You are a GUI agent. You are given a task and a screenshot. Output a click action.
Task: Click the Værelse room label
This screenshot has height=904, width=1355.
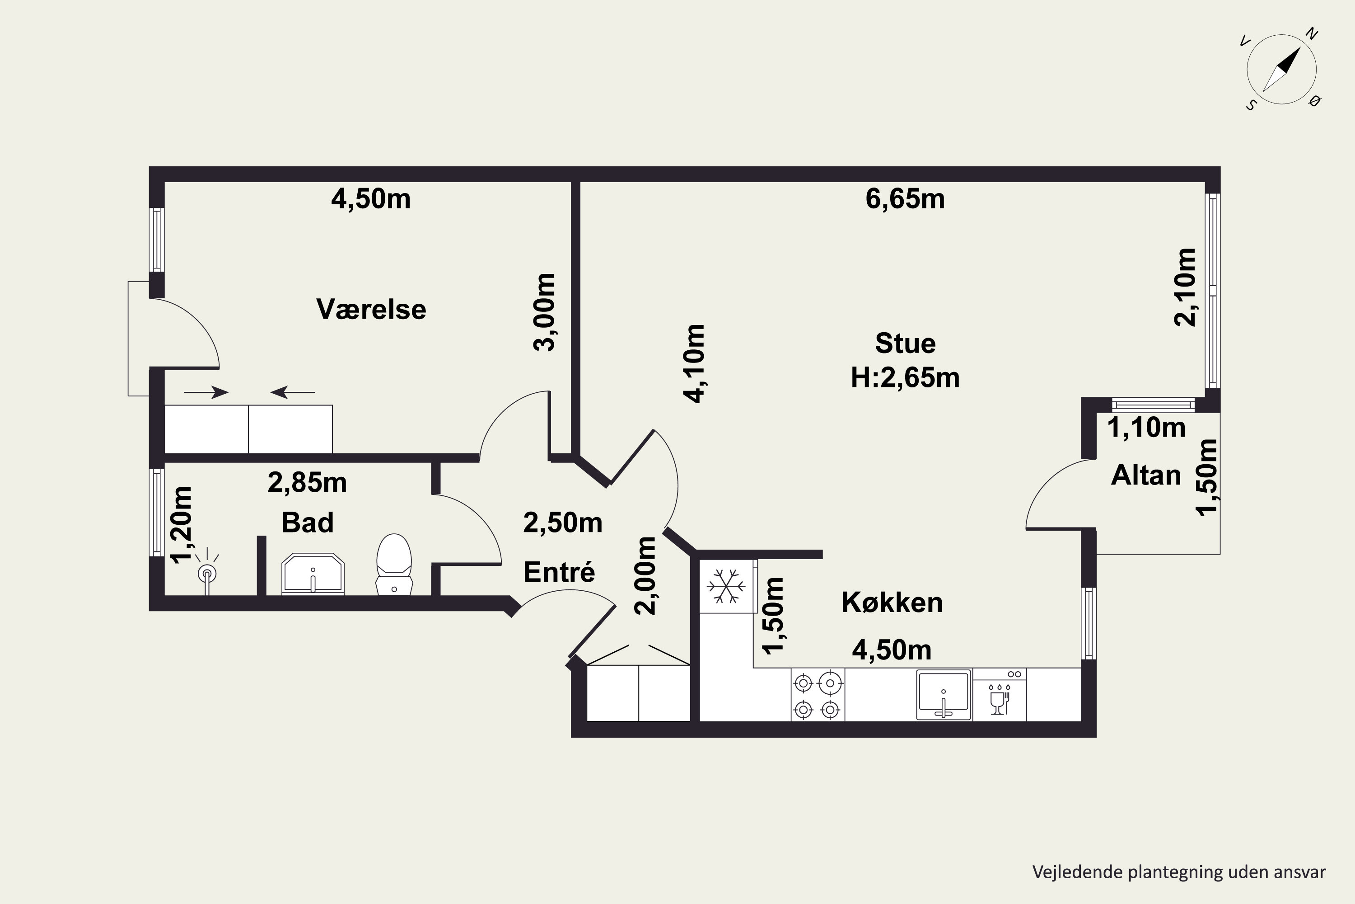(x=372, y=310)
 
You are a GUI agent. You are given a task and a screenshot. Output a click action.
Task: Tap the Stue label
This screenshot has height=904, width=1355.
(x=905, y=344)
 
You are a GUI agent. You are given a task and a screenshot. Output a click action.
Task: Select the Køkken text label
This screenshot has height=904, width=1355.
(x=892, y=603)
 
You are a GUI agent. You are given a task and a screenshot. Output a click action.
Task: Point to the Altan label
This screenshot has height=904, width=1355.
(x=1146, y=476)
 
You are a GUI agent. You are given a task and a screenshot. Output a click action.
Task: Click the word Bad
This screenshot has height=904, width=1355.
(x=307, y=523)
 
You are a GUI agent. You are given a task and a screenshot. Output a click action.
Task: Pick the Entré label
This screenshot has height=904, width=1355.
(x=559, y=572)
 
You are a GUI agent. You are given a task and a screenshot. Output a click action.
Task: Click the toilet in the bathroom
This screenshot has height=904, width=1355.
(x=394, y=565)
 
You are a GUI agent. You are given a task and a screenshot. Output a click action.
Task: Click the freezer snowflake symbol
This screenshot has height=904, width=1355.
(x=726, y=586)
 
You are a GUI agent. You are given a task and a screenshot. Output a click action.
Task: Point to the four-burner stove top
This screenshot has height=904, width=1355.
(x=818, y=695)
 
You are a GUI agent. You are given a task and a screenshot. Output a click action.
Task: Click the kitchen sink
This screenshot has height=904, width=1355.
(x=944, y=695)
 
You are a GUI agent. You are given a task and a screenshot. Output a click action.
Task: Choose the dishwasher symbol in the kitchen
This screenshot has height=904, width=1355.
(x=1000, y=695)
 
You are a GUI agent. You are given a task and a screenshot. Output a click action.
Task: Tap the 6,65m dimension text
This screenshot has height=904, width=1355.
(x=905, y=199)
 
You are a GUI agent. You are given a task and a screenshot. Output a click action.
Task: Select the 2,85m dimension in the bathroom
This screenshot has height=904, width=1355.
(x=307, y=483)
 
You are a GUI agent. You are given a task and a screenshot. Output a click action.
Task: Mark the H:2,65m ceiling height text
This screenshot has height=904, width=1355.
(x=905, y=378)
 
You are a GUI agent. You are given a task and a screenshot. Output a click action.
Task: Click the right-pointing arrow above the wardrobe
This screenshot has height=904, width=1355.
(x=206, y=393)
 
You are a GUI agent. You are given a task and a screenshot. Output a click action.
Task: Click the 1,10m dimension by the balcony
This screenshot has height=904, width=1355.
(x=1146, y=428)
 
